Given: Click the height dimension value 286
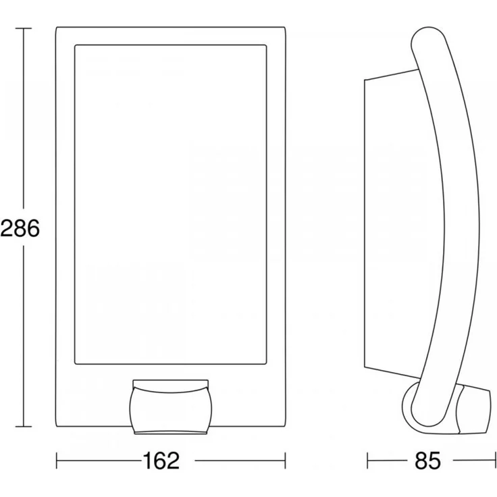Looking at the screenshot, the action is click(x=20, y=228).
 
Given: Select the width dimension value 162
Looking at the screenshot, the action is click(x=161, y=461).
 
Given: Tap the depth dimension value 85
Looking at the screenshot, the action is click(x=427, y=461).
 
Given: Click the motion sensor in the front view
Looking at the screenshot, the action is click(x=171, y=407).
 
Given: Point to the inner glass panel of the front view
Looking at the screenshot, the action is click(x=171, y=205).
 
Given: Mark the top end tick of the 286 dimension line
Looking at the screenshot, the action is click(x=24, y=28).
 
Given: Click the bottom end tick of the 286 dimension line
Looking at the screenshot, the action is click(x=24, y=427).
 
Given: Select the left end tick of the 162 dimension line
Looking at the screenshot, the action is click(x=57, y=461).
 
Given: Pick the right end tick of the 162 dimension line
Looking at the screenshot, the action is click(x=285, y=461).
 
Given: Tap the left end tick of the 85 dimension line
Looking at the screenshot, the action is click(x=367, y=461).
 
